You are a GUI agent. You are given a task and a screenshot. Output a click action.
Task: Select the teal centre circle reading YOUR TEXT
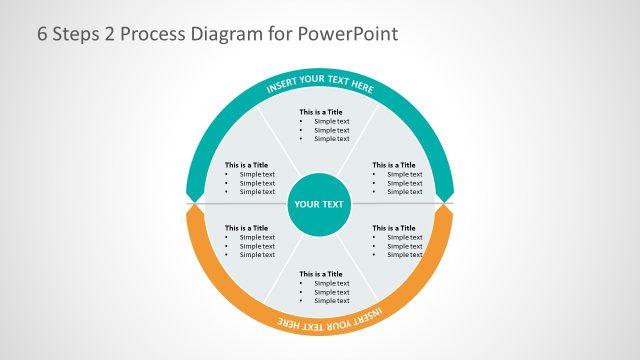tap(319, 204)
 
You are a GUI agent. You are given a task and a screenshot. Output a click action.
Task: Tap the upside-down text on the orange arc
tap(320, 321)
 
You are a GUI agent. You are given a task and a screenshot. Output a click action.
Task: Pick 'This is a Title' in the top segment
tap(321, 112)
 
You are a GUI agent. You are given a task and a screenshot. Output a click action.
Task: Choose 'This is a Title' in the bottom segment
tap(321, 274)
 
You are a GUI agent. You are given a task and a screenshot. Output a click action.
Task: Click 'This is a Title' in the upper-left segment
tap(246, 165)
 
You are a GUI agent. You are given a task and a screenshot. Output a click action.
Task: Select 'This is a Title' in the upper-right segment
tap(394, 165)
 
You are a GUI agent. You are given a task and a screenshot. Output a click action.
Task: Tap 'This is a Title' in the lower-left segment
tap(246, 227)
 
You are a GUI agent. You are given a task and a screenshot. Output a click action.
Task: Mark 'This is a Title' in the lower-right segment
tap(394, 227)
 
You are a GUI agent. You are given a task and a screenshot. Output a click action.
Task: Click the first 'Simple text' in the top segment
tap(332, 121)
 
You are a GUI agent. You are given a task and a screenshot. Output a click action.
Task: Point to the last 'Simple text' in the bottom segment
tap(332, 301)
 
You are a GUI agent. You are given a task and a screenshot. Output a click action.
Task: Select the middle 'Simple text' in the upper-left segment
tap(257, 183)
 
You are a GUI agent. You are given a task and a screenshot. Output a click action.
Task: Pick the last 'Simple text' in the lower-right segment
tap(405, 254)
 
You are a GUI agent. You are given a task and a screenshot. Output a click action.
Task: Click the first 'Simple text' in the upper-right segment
tap(405, 174)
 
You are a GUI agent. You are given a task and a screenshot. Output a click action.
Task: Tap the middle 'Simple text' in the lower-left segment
tap(257, 245)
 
